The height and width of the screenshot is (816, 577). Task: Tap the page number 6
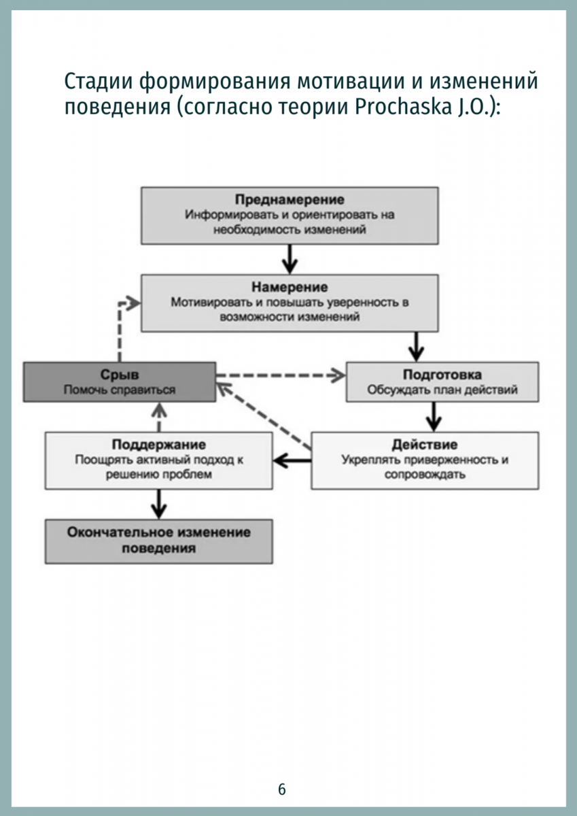point(282,789)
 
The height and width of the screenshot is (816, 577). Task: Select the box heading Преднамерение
point(290,200)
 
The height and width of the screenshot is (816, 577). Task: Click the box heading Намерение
point(290,287)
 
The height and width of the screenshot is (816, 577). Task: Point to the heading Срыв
point(120,375)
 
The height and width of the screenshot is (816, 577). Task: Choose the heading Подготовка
point(442,375)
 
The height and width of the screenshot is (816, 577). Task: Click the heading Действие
point(425,445)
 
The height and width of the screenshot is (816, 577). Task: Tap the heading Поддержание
point(159,445)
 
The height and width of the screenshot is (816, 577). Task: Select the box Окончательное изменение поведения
point(159,541)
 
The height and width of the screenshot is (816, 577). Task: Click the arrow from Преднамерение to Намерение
point(290,259)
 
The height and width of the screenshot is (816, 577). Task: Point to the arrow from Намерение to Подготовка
point(417,346)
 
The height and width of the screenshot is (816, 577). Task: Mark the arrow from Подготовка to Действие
point(433,417)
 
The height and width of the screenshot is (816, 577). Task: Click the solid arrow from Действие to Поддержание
point(292,461)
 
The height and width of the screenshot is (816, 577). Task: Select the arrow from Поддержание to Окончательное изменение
point(159,504)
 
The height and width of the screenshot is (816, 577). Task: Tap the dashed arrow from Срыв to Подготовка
point(281,375)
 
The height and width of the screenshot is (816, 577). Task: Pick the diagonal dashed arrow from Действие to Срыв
point(264,416)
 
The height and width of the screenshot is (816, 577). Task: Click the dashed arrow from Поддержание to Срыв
point(159,418)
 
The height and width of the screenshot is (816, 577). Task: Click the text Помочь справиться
point(120,390)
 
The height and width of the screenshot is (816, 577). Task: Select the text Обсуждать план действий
point(442,390)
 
